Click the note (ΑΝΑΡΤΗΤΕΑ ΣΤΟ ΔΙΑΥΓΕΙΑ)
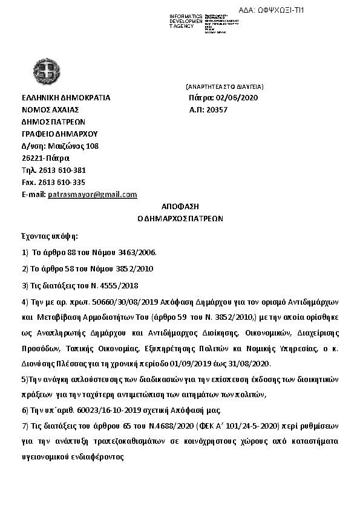(x=224, y=87)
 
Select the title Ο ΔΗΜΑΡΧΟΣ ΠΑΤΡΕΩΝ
(x=180, y=219)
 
